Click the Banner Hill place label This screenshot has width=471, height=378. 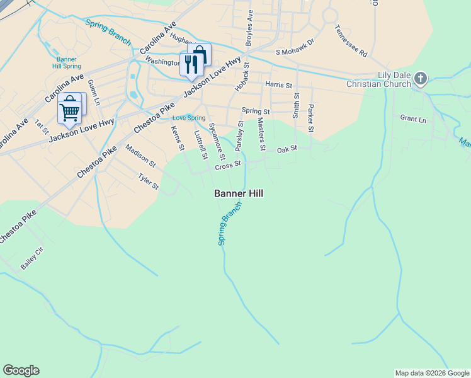(239, 193)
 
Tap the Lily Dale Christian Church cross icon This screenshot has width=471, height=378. (421, 79)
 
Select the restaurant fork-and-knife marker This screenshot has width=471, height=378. (190, 64)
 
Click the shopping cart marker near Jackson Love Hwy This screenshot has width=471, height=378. (69, 112)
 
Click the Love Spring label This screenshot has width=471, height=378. (189, 118)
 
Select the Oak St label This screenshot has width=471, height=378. (287, 149)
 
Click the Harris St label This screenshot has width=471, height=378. (279, 84)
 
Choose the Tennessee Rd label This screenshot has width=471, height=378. (351, 41)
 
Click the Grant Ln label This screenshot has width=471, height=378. (413, 118)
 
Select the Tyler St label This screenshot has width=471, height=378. (149, 181)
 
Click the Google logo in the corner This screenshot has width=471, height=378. (21, 370)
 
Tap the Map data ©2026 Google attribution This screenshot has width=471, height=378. (432, 373)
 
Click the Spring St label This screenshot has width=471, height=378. (255, 111)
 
